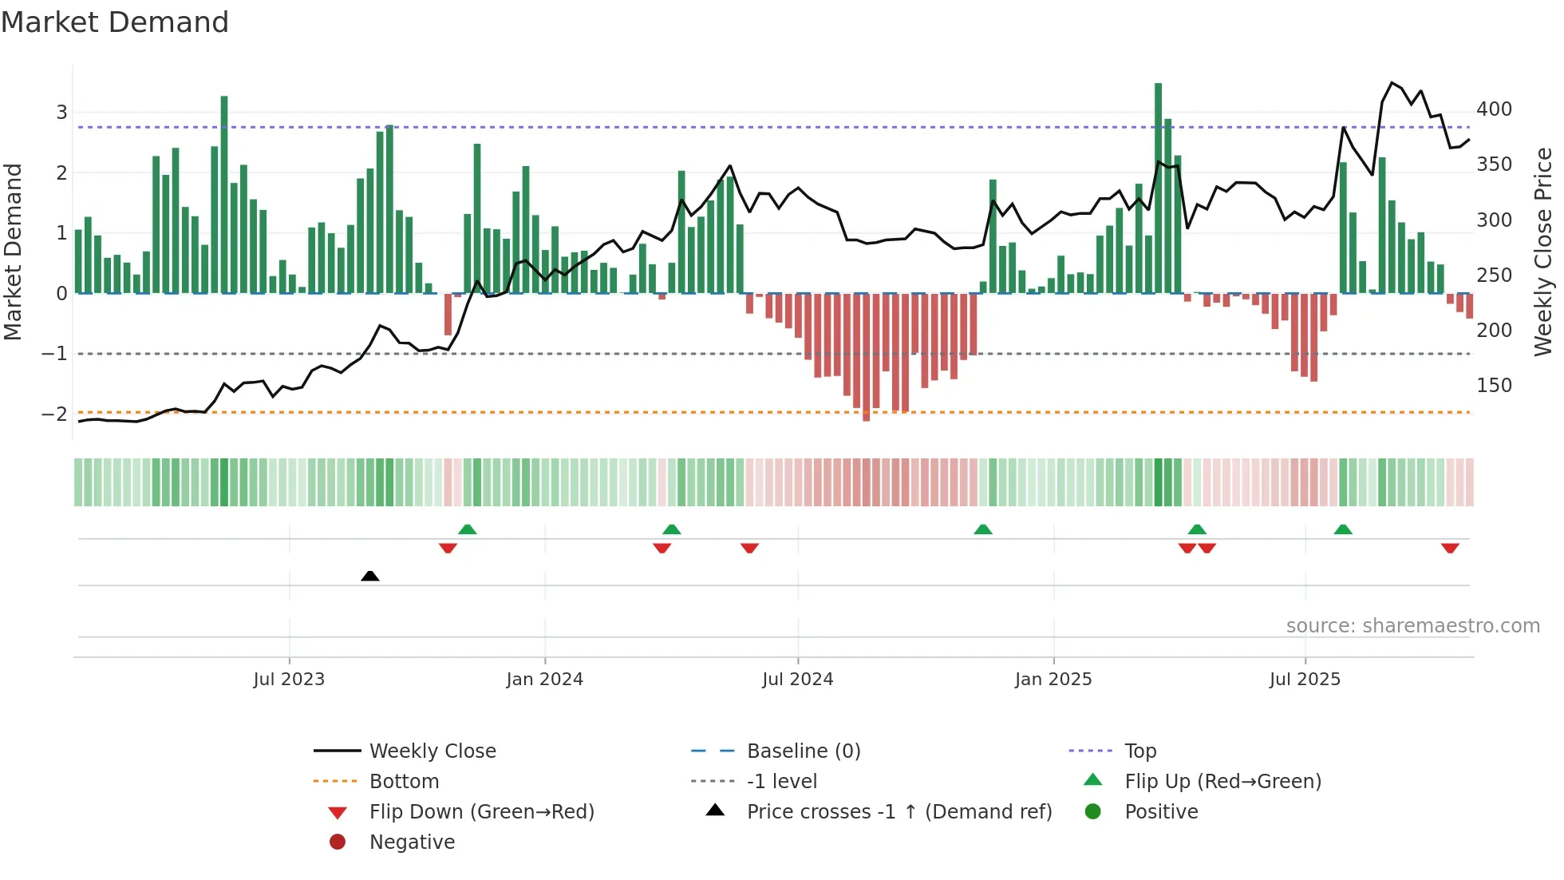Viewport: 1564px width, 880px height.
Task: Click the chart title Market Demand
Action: pos(115,22)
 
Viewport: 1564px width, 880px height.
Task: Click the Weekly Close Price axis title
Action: pos(1543,252)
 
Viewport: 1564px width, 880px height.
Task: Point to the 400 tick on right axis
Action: pos(1493,109)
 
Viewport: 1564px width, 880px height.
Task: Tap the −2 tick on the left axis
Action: pos(54,414)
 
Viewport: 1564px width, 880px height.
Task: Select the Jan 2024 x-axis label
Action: pos(544,680)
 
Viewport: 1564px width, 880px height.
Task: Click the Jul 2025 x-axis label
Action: pos(1305,680)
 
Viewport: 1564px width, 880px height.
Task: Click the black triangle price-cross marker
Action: pos(369,576)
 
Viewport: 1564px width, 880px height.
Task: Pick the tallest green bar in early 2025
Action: pos(1158,188)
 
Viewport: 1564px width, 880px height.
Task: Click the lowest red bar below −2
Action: pos(866,415)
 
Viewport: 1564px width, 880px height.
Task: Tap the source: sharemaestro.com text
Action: pos(1412,626)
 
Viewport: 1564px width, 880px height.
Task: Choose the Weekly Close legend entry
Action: pos(432,751)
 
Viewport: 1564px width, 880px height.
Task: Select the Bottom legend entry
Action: pos(404,782)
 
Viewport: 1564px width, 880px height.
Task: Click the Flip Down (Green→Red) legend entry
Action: pos(481,812)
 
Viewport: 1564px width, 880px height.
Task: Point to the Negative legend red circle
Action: pos(338,842)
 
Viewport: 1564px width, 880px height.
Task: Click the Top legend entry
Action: pos(1139,751)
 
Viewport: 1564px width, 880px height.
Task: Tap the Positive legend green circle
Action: pos(1093,812)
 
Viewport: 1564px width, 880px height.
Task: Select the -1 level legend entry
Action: pos(781,782)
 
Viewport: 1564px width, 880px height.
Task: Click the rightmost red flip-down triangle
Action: pos(1450,548)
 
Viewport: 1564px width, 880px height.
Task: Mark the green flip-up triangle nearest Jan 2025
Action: pos(983,529)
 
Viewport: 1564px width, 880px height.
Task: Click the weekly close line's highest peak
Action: pos(1392,83)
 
